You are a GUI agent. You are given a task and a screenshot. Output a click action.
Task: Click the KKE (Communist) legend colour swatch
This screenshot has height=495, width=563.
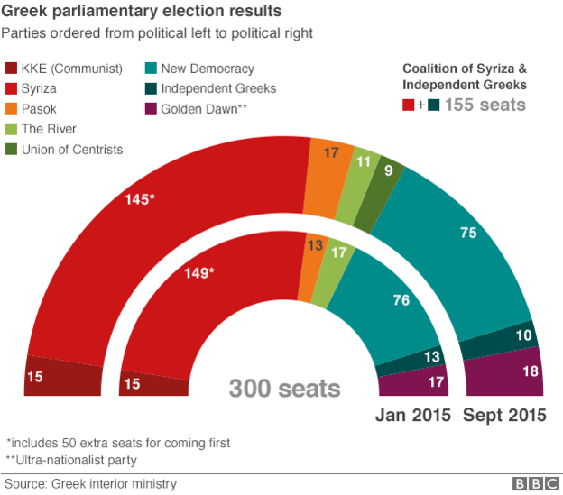13,69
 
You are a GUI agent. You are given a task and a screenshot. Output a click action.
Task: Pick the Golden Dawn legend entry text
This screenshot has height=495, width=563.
202,109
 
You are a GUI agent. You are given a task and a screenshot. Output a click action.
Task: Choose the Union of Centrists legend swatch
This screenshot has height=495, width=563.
13,150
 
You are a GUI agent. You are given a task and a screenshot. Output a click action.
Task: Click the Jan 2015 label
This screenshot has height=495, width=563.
412,416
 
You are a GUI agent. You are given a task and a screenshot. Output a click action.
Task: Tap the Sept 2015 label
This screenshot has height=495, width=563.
504,416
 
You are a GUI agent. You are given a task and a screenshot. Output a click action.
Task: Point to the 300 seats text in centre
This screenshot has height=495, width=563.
284,389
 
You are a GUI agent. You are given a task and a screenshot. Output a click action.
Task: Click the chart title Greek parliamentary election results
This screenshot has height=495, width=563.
143,13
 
